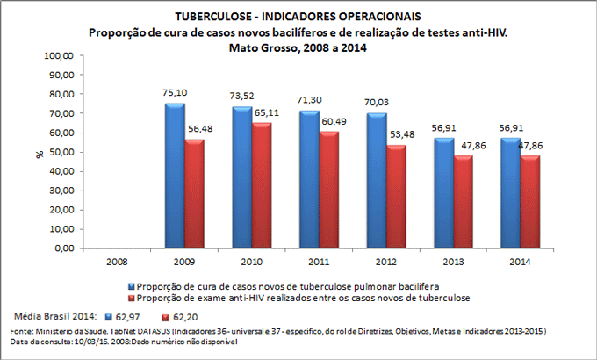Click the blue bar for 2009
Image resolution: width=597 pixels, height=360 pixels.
(175, 176)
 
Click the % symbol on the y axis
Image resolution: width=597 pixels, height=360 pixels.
(40, 155)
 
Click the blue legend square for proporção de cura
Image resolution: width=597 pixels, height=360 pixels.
(133, 286)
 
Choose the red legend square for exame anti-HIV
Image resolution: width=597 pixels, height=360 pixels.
(133, 299)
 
